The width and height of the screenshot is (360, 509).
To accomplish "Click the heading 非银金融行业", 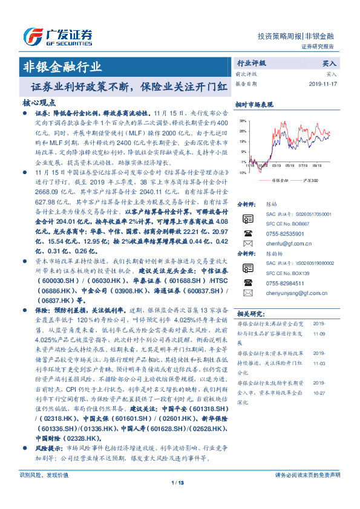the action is [61, 66].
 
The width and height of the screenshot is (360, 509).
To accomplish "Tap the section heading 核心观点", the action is [39, 102].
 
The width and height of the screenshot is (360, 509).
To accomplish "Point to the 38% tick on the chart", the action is [242, 121].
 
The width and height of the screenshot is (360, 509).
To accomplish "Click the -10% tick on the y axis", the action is [241, 172].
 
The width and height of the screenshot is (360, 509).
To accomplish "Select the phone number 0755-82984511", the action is [285, 282].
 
